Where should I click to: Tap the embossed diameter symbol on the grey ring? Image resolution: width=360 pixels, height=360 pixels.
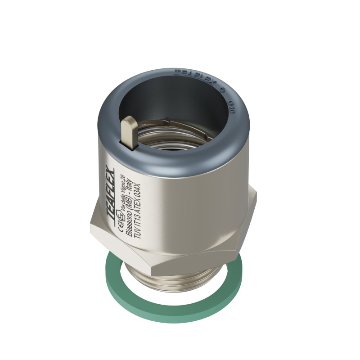coord(221,90)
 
